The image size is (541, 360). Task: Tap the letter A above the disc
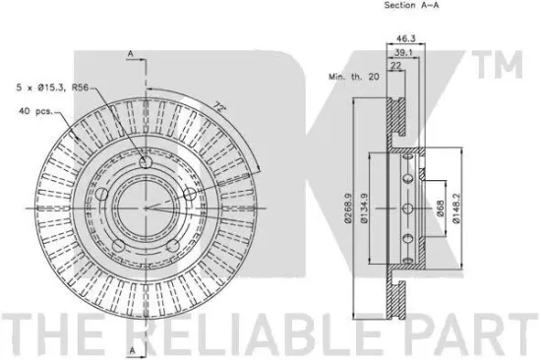click(x=130, y=52)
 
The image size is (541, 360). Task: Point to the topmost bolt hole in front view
click(x=145, y=163)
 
